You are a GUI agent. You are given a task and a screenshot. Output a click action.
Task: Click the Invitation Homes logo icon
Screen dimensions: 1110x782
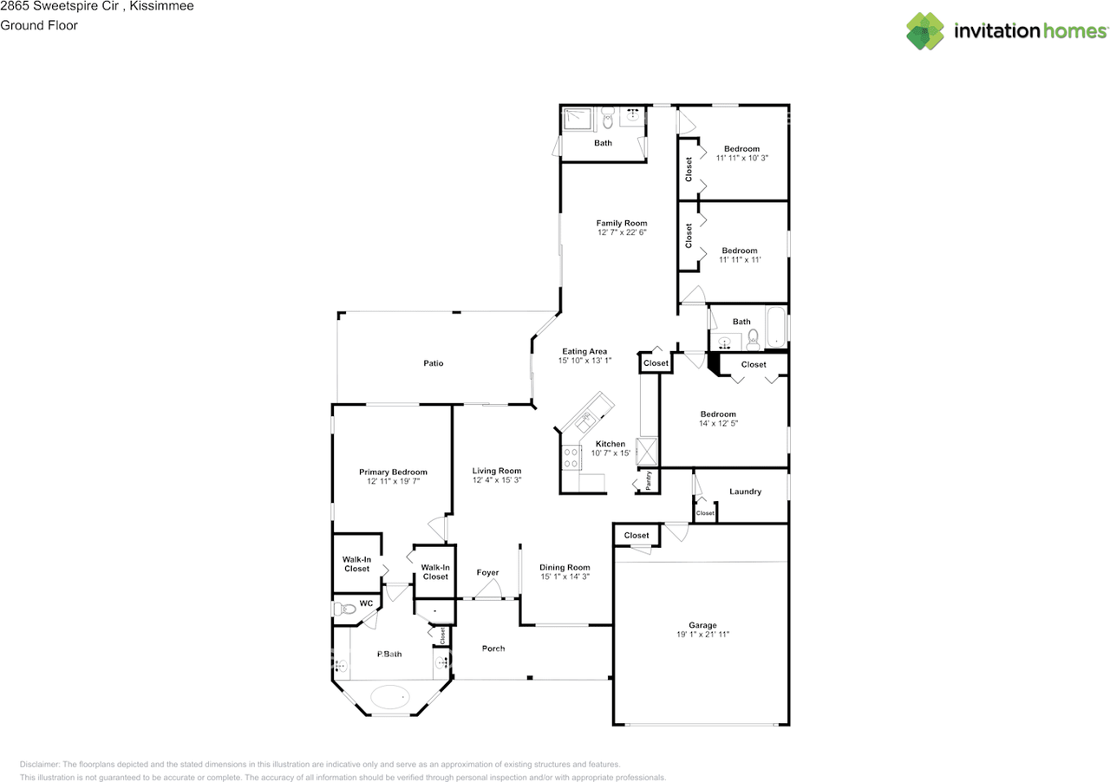(x=924, y=31)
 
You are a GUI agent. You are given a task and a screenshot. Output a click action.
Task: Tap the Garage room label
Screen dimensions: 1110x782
(x=702, y=625)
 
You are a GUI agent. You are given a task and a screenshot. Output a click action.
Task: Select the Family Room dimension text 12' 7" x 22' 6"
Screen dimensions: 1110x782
(x=622, y=232)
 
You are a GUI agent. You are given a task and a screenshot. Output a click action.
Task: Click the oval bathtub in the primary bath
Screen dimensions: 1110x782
(x=390, y=697)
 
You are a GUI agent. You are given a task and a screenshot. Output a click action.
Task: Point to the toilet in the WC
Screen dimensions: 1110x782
(x=345, y=608)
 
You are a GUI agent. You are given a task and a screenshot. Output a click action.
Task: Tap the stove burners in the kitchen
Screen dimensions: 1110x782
(x=571, y=458)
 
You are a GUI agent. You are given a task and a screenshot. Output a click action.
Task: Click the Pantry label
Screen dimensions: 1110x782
(x=648, y=480)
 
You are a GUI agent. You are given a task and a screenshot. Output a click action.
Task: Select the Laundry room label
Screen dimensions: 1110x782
(x=745, y=492)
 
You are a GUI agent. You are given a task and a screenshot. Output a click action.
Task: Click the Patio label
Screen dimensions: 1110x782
(x=433, y=363)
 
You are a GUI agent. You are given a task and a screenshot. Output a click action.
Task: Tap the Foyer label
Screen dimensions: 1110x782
(x=487, y=572)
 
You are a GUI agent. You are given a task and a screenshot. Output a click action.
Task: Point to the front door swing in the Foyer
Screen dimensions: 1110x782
(x=488, y=589)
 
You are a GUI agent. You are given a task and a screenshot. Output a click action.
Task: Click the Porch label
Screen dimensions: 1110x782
(x=493, y=648)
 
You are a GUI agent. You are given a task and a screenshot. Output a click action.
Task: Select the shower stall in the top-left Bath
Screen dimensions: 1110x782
(x=577, y=119)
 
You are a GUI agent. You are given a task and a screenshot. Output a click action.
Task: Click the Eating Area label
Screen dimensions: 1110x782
(x=584, y=351)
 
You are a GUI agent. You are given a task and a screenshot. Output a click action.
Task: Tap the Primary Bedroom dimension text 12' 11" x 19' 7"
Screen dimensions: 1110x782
(x=393, y=481)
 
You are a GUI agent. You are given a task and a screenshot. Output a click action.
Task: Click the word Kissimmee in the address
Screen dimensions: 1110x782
(x=161, y=6)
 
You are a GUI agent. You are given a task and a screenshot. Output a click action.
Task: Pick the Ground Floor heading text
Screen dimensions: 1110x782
(x=39, y=25)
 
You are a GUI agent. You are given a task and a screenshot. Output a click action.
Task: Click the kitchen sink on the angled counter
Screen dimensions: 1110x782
(x=585, y=422)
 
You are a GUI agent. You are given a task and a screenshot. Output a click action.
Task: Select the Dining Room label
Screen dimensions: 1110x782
(x=565, y=567)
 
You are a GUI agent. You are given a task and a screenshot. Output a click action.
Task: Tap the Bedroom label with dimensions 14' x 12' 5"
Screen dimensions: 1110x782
(x=718, y=414)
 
